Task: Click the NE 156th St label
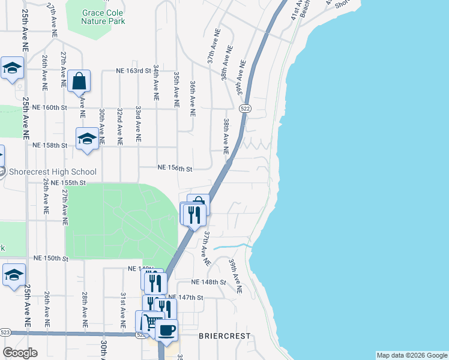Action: [x=175, y=169]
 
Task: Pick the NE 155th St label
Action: [x=69, y=182]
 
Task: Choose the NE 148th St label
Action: [x=208, y=282]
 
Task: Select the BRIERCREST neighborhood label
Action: [x=224, y=337]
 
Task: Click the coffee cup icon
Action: [x=166, y=329]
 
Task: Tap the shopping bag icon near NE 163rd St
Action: [x=79, y=80]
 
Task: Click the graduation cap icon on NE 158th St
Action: [x=87, y=139]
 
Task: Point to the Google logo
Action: [x=20, y=353]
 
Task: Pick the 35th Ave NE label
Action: [x=176, y=90]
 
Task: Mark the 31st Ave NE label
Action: [x=122, y=311]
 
